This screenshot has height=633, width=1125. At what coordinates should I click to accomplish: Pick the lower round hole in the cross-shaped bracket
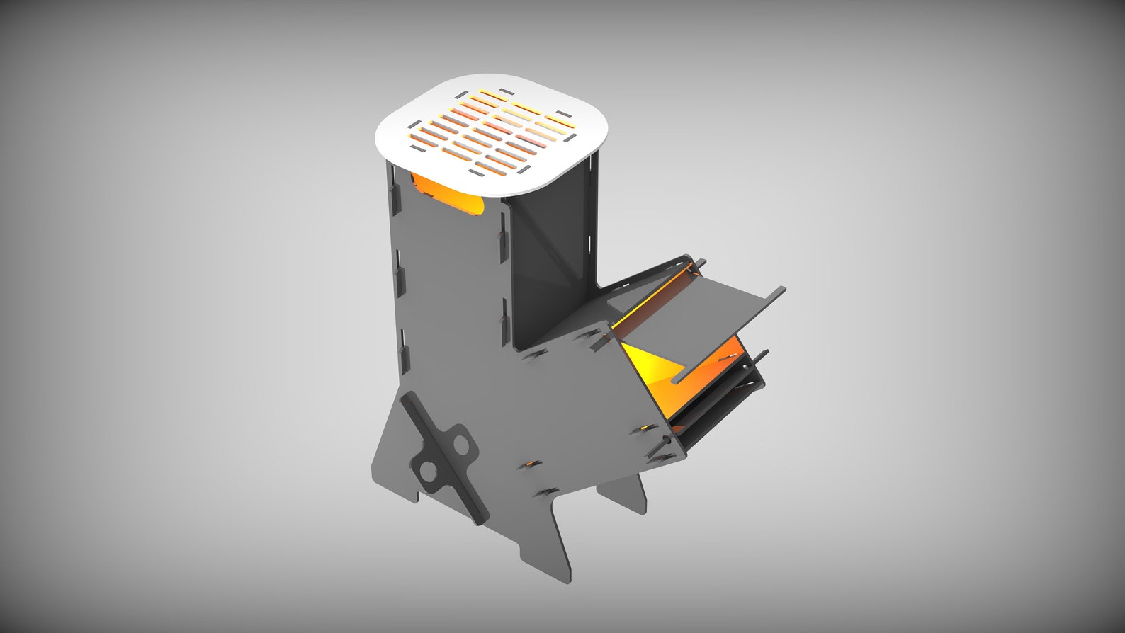(428, 471)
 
